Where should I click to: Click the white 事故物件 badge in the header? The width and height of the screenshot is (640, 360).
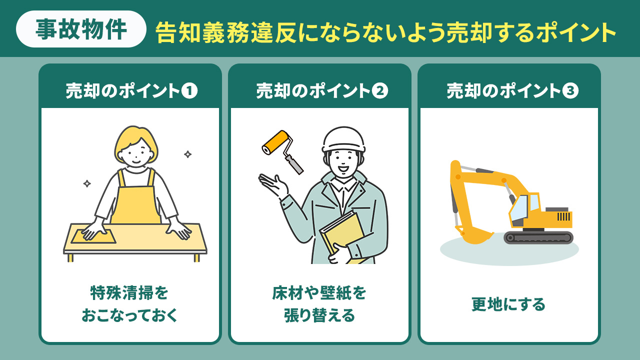click(x=81, y=29)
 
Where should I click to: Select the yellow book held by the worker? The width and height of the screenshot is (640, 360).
click(x=341, y=235)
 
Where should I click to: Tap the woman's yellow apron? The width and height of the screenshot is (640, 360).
click(x=135, y=200)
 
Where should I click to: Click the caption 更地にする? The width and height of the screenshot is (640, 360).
click(x=508, y=304)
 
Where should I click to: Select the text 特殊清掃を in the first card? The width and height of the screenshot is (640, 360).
click(x=129, y=292)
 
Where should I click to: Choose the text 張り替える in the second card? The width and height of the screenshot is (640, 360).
click(x=319, y=315)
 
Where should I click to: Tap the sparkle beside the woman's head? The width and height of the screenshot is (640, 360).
click(x=187, y=154)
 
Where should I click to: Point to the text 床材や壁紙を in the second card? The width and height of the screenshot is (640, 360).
click(x=319, y=292)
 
